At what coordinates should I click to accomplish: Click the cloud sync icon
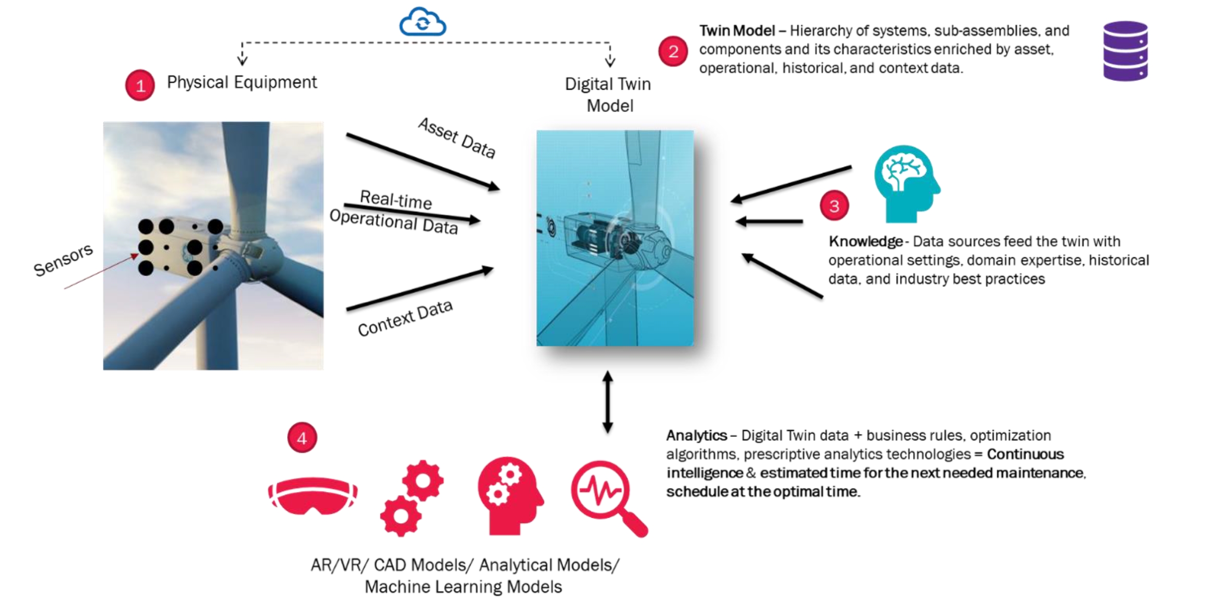tap(422, 22)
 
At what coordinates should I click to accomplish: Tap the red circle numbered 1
tap(140, 85)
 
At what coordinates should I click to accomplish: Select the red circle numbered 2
tap(673, 51)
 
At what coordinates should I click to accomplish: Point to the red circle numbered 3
tap(834, 206)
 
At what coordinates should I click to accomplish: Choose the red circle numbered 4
tap(302, 438)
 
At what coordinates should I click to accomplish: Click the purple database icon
tap(1125, 51)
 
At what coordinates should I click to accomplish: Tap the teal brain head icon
tap(906, 184)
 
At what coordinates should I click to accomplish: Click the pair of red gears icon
tap(412, 498)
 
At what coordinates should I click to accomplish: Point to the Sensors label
tap(63, 260)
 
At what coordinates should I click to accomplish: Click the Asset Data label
tap(457, 138)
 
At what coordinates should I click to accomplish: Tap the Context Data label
tap(405, 318)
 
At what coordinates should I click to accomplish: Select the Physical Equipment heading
tap(241, 82)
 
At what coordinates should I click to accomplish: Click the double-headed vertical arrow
tap(607, 402)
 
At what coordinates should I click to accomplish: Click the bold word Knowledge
tap(865, 242)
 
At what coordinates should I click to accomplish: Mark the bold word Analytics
tap(697, 435)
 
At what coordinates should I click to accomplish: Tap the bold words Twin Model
tap(737, 31)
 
